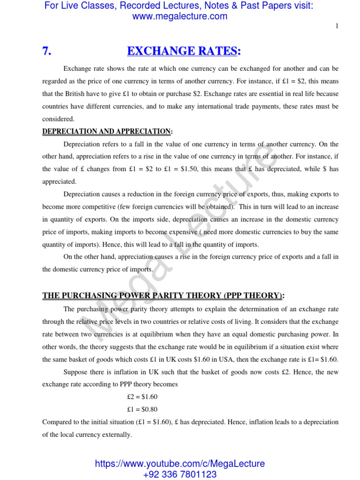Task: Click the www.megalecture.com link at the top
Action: pos(180,16)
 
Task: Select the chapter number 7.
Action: pos(47,52)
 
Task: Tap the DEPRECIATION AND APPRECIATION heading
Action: pos(106,132)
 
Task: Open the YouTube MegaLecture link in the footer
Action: pos(180,464)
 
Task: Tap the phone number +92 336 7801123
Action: pos(180,474)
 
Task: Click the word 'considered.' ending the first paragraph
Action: pos(59,119)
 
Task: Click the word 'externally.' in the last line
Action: pos(117,435)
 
